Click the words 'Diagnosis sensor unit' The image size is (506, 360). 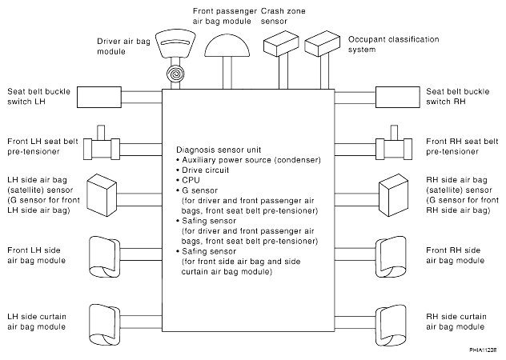tap(217, 150)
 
